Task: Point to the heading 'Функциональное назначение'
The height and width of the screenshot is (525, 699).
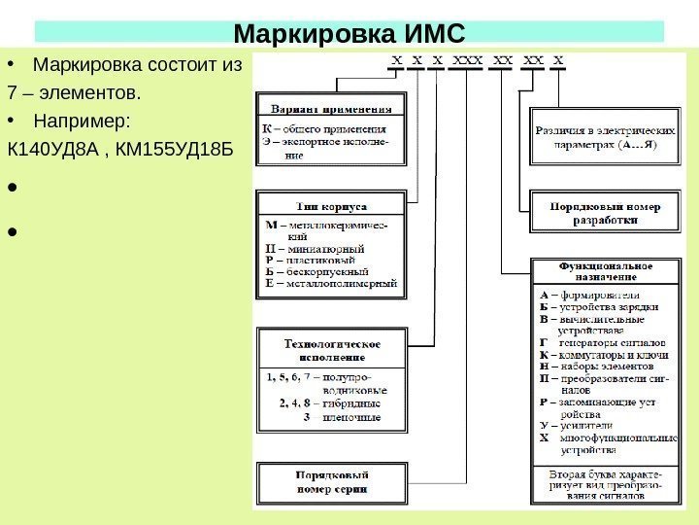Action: [x=604, y=269]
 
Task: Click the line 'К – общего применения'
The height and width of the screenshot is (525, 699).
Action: [x=324, y=127]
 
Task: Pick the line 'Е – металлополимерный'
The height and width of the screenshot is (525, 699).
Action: [x=331, y=284]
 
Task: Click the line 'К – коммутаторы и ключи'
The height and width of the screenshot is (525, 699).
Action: [x=602, y=355]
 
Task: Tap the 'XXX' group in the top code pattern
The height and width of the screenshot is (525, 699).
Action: [x=466, y=58]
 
